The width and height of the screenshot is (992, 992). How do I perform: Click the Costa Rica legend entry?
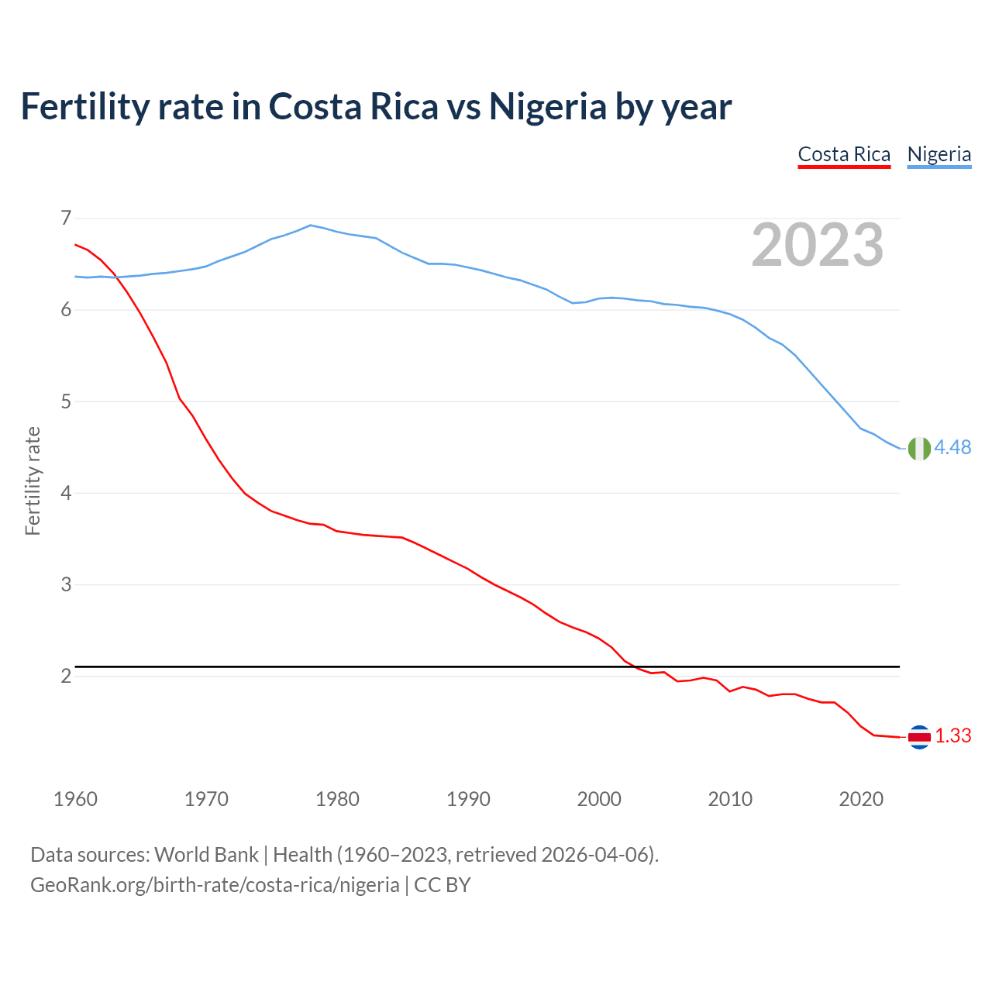pyautogui.click(x=844, y=154)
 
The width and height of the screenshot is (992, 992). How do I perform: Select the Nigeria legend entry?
pyautogui.click(x=939, y=154)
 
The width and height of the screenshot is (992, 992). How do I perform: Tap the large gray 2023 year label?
pyautogui.click(x=818, y=245)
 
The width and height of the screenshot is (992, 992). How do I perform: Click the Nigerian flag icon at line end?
pyautogui.click(x=919, y=448)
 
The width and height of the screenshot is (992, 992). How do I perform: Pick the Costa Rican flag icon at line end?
pyautogui.click(x=919, y=737)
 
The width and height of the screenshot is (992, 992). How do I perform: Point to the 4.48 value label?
pyautogui.click(x=952, y=447)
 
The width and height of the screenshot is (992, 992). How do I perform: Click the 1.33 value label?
pyautogui.click(x=952, y=736)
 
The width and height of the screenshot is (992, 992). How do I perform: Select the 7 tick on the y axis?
pyautogui.click(x=66, y=218)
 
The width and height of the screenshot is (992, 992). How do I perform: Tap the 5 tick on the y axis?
pyautogui.click(x=66, y=401)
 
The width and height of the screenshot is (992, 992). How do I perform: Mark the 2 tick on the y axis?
pyautogui.click(x=66, y=676)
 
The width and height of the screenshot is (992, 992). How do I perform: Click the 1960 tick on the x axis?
pyautogui.click(x=75, y=799)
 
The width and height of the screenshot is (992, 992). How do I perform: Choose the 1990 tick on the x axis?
pyautogui.click(x=468, y=799)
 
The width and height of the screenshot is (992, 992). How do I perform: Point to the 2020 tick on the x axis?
pyautogui.click(x=861, y=799)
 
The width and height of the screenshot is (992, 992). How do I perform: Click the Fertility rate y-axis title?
pyautogui.click(x=33, y=480)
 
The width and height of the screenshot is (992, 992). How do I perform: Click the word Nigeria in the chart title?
pyautogui.click(x=547, y=107)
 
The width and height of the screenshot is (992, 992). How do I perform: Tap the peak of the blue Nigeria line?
pyautogui.click(x=311, y=226)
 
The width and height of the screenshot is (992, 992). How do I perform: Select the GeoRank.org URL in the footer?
pyautogui.click(x=215, y=884)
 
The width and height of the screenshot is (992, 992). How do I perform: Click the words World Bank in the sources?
pyautogui.click(x=206, y=855)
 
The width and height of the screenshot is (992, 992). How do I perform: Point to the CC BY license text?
pyautogui.click(x=443, y=884)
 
